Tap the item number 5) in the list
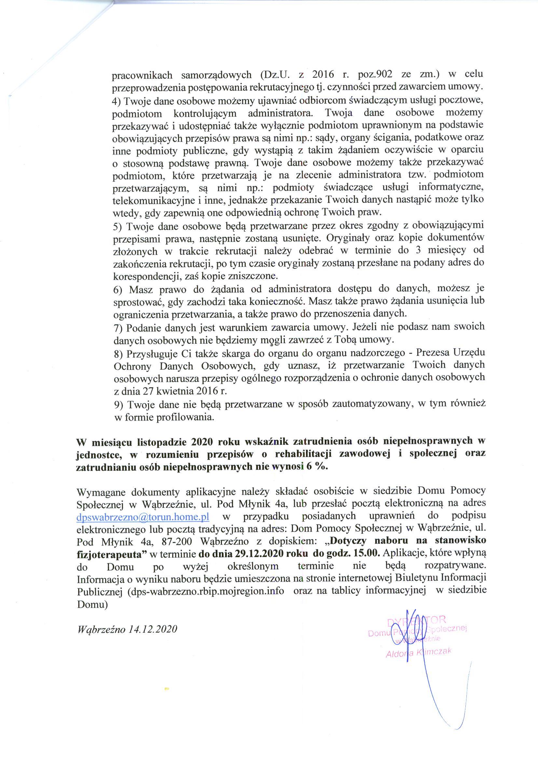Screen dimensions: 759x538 point(117,227)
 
